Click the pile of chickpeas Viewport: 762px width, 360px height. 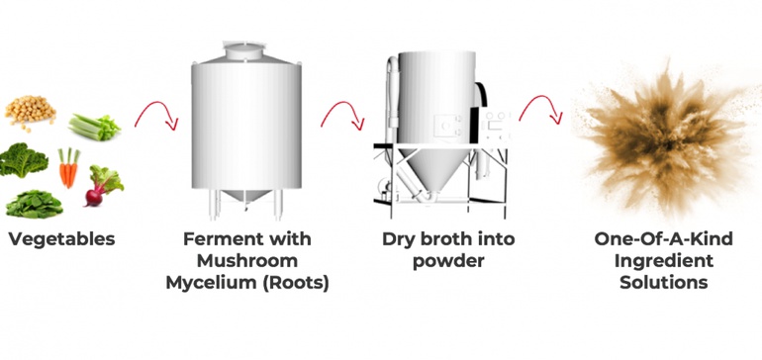(30, 112)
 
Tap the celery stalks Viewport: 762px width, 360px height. (94, 127)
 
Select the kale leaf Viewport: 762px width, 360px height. (24, 160)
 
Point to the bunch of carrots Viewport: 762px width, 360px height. (68, 167)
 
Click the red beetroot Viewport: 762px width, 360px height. (103, 186)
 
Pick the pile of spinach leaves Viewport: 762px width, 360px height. (34, 204)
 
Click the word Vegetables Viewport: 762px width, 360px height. (61, 239)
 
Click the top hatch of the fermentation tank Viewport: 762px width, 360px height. (244, 51)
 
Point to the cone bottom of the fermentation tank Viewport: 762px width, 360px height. (246, 195)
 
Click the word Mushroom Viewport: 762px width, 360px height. (247, 261)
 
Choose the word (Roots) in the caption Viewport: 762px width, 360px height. (296, 283)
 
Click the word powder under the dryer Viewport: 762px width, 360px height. (448, 261)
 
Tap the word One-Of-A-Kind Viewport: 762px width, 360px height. (663, 239)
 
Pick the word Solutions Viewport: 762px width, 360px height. (663, 282)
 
